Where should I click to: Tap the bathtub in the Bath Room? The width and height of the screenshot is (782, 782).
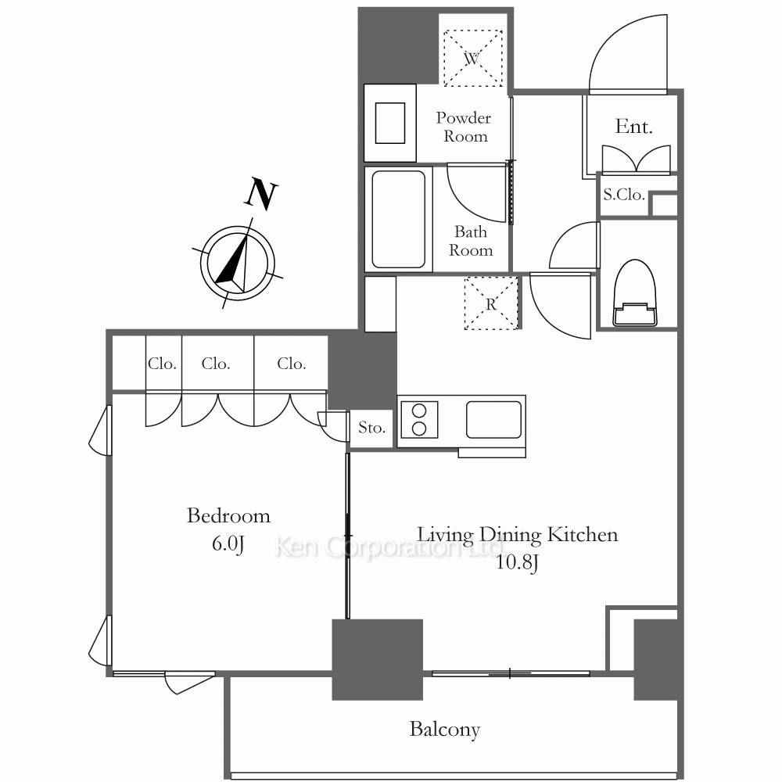point(399,220)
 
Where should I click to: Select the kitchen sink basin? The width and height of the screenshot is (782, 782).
point(493,420)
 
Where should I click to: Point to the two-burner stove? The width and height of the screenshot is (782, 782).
point(419,420)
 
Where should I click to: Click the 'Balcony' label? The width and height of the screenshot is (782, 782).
point(445,730)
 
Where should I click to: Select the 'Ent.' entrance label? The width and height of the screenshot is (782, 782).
point(633,127)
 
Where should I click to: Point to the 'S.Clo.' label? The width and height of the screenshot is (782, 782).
point(624,195)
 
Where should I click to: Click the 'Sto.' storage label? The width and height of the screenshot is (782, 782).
point(371,428)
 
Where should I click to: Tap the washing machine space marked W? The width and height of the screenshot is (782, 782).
point(473,58)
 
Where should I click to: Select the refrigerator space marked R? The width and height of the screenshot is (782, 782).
point(491,303)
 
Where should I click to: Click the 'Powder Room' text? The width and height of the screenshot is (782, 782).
point(464,127)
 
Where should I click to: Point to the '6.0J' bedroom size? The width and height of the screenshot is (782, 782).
point(228,543)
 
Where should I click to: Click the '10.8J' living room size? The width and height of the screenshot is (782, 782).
point(517,562)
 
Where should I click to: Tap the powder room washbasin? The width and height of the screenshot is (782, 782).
point(390,124)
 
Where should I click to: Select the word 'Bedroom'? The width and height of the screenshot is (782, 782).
point(228,515)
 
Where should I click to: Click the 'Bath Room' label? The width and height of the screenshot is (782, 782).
point(470,241)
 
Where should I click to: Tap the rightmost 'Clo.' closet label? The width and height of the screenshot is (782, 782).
point(291,364)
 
